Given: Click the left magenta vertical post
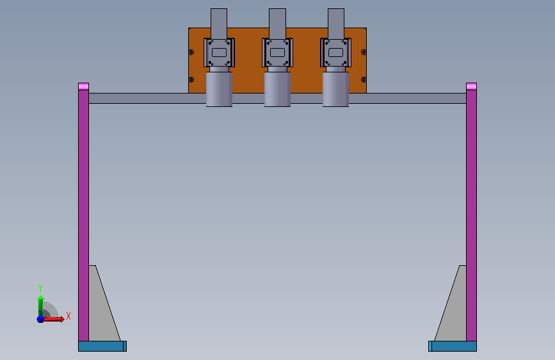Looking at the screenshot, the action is pyautogui.click(x=83, y=215).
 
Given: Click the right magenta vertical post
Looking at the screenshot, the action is pyautogui.click(x=472, y=215).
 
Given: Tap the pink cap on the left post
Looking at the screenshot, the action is pyautogui.click(x=83, y=86).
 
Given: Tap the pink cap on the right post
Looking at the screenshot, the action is pyautogui.click(x=472, y=86).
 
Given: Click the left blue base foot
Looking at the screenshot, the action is pyautogui.click(x=102, y=346).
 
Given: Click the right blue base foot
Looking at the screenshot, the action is pyautogui.click(x=453, y=346).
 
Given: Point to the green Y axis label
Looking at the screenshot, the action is pyautogui.click(x=40, y=288).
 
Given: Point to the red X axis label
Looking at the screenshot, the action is pyautogui.click(x=68, y=316).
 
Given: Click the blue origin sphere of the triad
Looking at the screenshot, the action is pyautogui.click(x=41, y=319).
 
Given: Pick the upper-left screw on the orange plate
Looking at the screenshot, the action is pyautogui.click(x=191, y=52).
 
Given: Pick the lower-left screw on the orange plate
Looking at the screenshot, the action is pyautogui.click(x=191, y=79).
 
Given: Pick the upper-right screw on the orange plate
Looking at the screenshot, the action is pyautogui.click(x=364, y=52).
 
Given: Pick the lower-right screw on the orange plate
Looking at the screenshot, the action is pyautogui.click(x=364, y=79).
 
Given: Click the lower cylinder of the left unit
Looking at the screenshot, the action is pyautogui.click(x=219, y=89).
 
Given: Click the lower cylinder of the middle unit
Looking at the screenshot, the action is pyautogui.click(x=278, y=89).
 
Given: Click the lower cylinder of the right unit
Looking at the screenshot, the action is pyautogui.click(x=335, y=89).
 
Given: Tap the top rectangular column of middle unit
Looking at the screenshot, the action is pyautogui.click(x=278, y=24).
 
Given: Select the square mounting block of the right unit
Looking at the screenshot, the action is pyautogui.click(x=335, y=53).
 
